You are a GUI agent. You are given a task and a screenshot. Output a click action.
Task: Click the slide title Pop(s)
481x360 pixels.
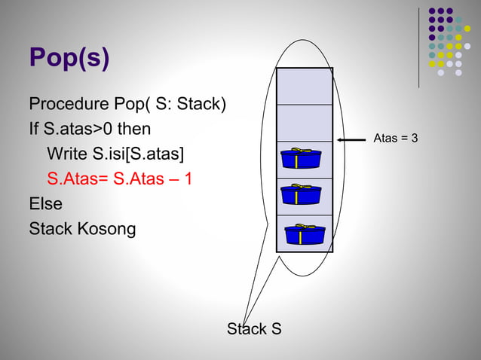[x=69, y=58]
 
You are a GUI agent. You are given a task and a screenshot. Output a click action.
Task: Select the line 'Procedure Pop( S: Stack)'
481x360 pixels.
[x=127, y=102]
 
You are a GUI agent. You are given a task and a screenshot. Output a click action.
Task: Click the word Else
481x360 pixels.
[x=45, y=204]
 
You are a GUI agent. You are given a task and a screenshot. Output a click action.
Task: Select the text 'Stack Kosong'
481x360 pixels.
[x=82, y=229]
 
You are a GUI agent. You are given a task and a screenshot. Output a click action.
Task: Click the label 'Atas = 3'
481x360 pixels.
[x=396, y=139]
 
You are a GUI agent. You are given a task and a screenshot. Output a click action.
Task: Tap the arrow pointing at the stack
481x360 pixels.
[x=351, y=140]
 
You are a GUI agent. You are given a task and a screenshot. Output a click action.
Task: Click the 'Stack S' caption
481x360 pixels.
[x=255, y=329]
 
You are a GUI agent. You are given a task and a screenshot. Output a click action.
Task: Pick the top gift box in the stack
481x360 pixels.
[x=300, y=159]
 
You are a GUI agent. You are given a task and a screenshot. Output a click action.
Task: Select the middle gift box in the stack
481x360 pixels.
[x=300, y=195]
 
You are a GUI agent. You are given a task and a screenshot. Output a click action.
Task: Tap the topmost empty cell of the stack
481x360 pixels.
[x=304, y=86]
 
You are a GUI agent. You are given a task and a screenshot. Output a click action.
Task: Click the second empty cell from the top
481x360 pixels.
[x=304, y=123]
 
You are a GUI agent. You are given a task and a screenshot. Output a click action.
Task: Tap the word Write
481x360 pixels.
[x=66, y=154]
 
